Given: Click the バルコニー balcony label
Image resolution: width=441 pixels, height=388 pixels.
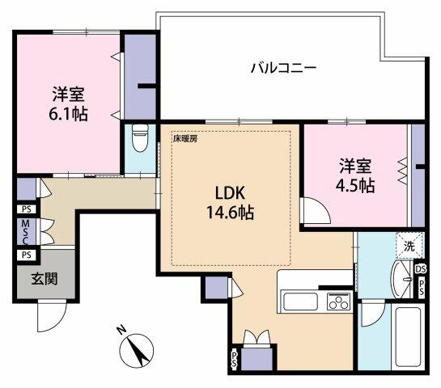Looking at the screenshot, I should (x=282, y=68).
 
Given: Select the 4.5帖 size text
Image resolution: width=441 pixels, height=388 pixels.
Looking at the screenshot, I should (x=355, y=186).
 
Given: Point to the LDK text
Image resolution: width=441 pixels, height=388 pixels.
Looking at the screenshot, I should (x=229, y=194).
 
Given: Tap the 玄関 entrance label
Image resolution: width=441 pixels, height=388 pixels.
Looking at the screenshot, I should (x=44, y=280).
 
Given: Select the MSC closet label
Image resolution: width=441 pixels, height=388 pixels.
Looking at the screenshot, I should (x=25, y=231).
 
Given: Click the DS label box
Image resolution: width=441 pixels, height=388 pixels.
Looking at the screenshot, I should (x=420, y=269).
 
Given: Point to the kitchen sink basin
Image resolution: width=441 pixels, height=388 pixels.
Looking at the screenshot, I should (x=301, y=302).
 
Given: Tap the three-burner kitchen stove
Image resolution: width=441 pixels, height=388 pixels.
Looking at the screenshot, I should (x=337, y=302).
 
